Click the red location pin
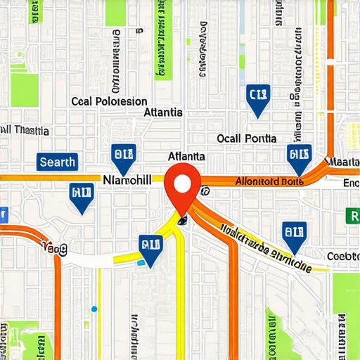tap(183, 188)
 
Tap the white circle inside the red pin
tap(183, 184)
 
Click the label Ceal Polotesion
tap(110, 101)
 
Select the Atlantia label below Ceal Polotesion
tap(162, 112)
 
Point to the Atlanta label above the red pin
tap(186, 156)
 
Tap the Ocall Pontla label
tap(247, 139)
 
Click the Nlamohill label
tap(127, 181)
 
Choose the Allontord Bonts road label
tap(268, 181)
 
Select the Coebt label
tap(343, 256)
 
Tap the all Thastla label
tap(25, 130)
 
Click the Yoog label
tap(53, 247)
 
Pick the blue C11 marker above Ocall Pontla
tap(258, 99)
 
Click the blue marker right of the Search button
tap(123, 158)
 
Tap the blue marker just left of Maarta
tap(300, 159)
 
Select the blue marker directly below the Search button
tap(82, 198)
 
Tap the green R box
tap(352, 216)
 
